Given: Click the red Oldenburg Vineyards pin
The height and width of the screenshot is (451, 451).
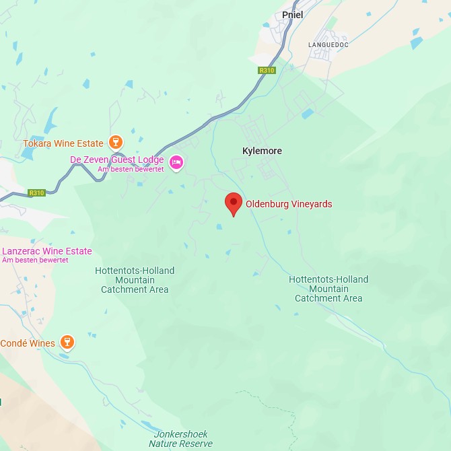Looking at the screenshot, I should pos(233,203).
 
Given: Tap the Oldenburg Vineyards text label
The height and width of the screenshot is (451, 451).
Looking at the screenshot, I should pos(289,204).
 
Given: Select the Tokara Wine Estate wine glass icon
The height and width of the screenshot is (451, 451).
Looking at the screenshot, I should pos(116,142).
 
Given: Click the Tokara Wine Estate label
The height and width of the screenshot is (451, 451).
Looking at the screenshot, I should pos(63,143).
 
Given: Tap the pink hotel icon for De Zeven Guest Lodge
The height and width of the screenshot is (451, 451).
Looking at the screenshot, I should pos(176,162).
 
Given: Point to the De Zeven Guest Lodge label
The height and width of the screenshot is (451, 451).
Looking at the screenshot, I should pos(117,160).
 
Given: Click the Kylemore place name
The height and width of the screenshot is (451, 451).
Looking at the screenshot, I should pos(262,151).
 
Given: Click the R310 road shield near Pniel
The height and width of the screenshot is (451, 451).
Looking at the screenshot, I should pos(267,70).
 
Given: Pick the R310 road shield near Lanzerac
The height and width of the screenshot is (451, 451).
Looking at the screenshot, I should pos(36,193).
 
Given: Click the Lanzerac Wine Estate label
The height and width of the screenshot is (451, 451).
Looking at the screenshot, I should pos(46,251).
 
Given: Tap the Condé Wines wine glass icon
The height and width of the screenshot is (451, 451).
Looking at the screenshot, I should pos(67,342).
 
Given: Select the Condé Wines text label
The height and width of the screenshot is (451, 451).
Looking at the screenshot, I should pos(28,343).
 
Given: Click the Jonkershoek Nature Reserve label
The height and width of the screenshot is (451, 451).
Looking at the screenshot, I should pos(180,439).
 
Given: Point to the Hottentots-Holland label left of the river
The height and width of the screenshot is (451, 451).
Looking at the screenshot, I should pos(135,280).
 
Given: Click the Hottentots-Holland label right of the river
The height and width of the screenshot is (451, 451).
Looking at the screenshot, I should pos(328,289).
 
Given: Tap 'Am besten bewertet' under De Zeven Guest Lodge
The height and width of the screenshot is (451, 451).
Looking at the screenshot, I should pos(131,169).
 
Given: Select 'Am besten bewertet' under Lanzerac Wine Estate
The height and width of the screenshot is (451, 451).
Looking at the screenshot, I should pos(35,260).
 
